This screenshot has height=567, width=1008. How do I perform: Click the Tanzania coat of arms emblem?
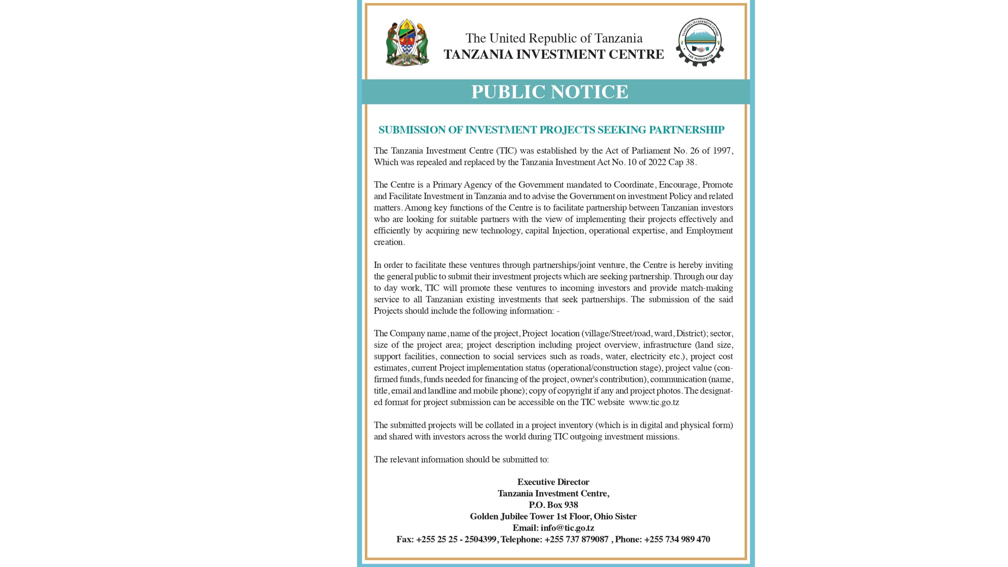(407, 42)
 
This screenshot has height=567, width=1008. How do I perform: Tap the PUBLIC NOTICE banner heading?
(549, 92)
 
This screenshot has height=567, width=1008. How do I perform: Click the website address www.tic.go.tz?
(654, 403)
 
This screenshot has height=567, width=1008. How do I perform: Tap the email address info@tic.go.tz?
(567, 528)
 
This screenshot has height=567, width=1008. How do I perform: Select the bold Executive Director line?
(553, 482)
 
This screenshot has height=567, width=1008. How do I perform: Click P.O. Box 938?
(553, 505)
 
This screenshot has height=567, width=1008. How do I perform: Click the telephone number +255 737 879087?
(576, 539)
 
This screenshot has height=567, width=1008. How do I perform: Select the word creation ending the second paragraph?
(389, 242)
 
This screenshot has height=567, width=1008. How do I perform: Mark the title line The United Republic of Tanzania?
(554, 38)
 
